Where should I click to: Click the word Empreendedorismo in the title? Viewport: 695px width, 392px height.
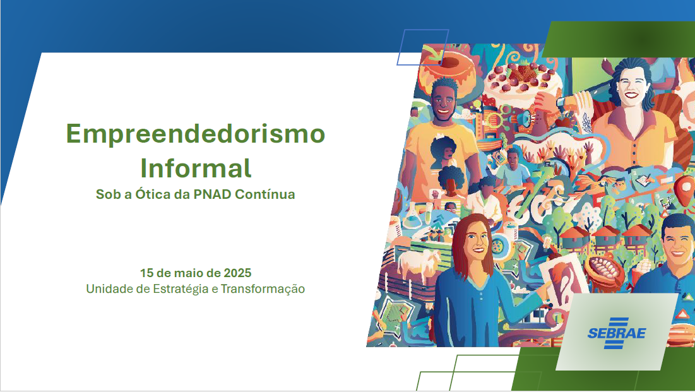[196, 134]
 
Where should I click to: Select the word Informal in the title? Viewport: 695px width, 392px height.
[196, 168]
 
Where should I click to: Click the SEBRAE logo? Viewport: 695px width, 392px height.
[616, 332]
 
